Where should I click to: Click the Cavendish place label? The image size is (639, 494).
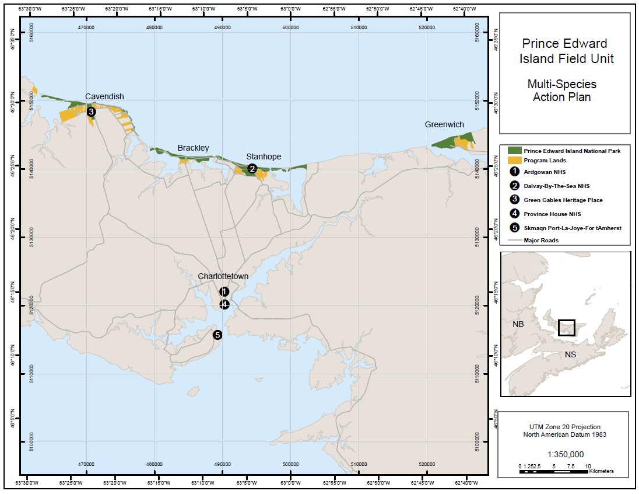tap(104, 96)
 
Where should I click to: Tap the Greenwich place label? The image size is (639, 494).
tap(444, 125)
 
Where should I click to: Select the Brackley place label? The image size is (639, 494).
tap(193, 148)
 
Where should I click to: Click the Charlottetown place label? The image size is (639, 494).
tap(223, 276)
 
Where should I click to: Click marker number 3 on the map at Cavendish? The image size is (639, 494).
tap(91, 112)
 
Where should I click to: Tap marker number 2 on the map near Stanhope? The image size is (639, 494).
tap(252, 169)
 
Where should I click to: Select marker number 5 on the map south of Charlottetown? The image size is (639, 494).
tap(217, 335)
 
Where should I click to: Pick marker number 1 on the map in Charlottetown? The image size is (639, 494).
tap(224, 291)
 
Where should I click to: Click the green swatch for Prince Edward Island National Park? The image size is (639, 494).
tap(514, 151)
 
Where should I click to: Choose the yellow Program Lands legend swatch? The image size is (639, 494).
tap(514, 161)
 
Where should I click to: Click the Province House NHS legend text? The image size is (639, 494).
tap(552, 214)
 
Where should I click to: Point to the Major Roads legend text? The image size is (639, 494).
tap(541, 240)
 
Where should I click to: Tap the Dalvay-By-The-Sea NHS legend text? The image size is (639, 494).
tap(556, 186)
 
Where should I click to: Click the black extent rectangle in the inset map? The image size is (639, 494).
tap(566, 328)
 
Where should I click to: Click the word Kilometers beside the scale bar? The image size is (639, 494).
tap(601, 471)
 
